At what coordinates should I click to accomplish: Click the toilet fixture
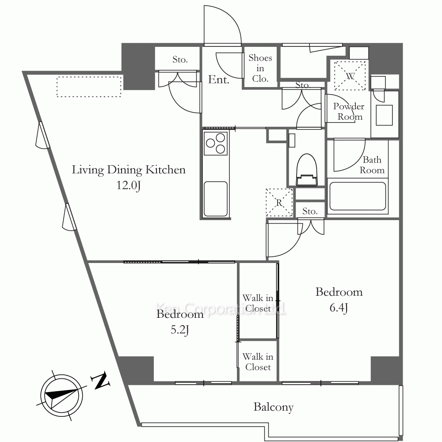click(307, 170)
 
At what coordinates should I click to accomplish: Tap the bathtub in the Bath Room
click(358, 196)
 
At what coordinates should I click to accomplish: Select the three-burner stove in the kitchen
click(216, 143)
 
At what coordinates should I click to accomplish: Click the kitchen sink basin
click(216, 199)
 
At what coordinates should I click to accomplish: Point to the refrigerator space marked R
click(279, 202)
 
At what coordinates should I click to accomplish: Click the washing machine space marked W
click(350, 76)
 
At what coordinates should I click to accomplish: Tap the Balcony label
click(274, 407)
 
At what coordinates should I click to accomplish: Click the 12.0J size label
click(129, 186)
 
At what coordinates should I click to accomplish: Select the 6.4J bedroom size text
click(339, 308)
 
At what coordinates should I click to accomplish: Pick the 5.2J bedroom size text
click(179, 330)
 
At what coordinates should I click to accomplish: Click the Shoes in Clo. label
click(260, 68)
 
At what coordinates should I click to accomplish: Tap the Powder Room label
click(349, 111)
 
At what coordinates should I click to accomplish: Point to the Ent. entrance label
click(219, 80)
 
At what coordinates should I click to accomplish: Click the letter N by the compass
click(100, 380)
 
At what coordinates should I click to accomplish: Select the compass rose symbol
click(61, 396)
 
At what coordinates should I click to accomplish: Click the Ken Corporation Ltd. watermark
click(221, 309)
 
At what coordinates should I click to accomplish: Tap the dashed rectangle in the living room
click(89, 87)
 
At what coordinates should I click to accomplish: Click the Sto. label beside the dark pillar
click(180, 60)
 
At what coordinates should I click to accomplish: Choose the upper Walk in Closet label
click(258, 303)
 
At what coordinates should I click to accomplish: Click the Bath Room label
click(372, 165)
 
